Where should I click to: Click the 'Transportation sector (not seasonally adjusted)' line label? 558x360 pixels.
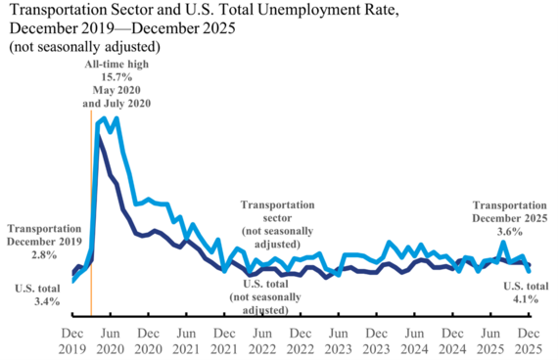click(x=278, y=225)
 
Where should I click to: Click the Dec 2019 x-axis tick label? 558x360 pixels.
click(x=72, y=340)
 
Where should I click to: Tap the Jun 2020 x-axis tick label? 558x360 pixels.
click(x=110, y=340)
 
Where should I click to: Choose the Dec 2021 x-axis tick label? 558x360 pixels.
click(x=224, y=340)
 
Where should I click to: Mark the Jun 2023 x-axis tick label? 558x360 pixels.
click(x=338, y=340)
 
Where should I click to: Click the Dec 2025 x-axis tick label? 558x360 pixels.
click(x=529, y=340)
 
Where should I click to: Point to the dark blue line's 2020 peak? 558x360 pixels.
click(x=98, y=138)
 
